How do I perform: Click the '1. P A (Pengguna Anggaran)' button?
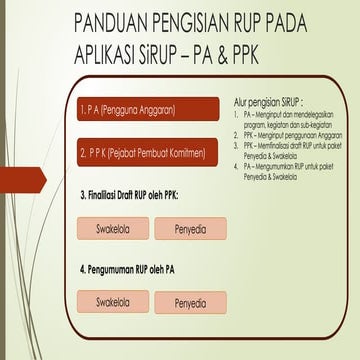pos(147,108)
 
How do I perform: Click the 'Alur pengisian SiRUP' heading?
pos(267,102)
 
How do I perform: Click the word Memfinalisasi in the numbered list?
pos(276,144)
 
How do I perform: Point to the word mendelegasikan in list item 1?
pos(303,116)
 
